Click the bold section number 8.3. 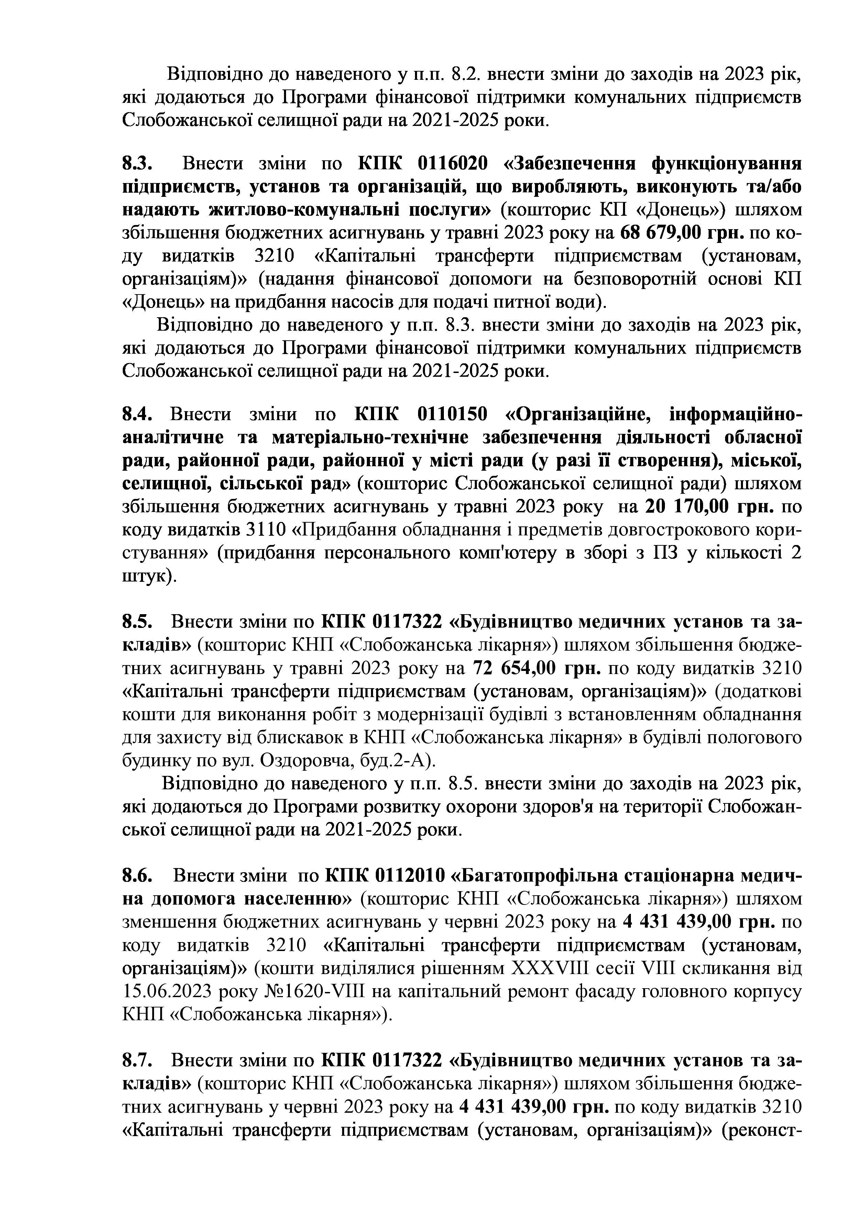(137, 164)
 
